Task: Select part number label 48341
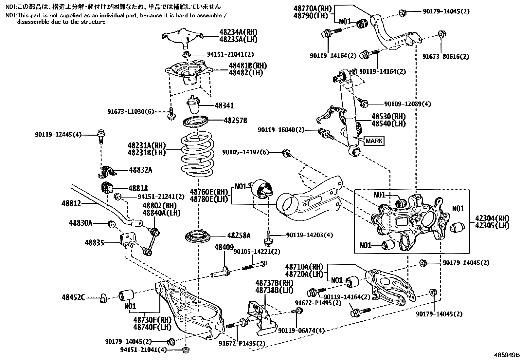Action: point(224,106)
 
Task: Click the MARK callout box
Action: point(374,141)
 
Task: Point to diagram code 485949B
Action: point(507,355)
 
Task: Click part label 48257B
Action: point(235,121)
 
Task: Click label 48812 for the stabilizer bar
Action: point(71,203)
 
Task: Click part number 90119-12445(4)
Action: point(58,135)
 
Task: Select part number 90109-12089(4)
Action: point(407,104)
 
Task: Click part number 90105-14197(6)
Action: point(246,152)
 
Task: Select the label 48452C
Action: point(73,297)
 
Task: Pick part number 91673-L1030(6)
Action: point(131,112)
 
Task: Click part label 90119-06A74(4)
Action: point(301,331)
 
